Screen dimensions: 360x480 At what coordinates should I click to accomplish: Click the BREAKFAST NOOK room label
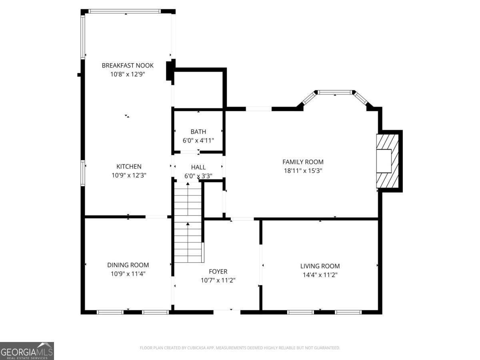tap(128, 65)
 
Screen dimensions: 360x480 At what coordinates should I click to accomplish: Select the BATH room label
tap(198, 132)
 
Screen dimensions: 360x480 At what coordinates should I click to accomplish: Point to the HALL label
tap(198, 167)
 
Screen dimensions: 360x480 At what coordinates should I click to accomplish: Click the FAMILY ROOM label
tap(303, 162)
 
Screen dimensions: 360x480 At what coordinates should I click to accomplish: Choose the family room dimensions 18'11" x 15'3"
tap(303, 171)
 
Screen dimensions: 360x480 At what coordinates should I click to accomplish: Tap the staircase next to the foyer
tap(188, 222)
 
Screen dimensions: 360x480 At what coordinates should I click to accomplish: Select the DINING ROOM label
tap(128, 265)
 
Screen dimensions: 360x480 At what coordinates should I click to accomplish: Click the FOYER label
tap(218, 272)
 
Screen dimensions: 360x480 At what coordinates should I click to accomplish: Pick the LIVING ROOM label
tap(320, 266)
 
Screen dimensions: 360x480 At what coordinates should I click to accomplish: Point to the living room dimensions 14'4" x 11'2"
tap(320, 275)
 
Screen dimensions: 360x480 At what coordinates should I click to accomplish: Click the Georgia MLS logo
tap(27, 351)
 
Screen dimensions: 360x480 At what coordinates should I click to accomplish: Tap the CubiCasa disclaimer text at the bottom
tap(240, 348)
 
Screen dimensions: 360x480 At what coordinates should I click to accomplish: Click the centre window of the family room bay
tap(334, 92)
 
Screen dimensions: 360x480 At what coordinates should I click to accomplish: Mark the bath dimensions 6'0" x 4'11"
tap(198, 140)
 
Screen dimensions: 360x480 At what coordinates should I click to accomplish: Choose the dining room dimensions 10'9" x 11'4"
tap(128, 274)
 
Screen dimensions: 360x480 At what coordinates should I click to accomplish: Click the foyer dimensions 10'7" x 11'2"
tap(218, 280)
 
